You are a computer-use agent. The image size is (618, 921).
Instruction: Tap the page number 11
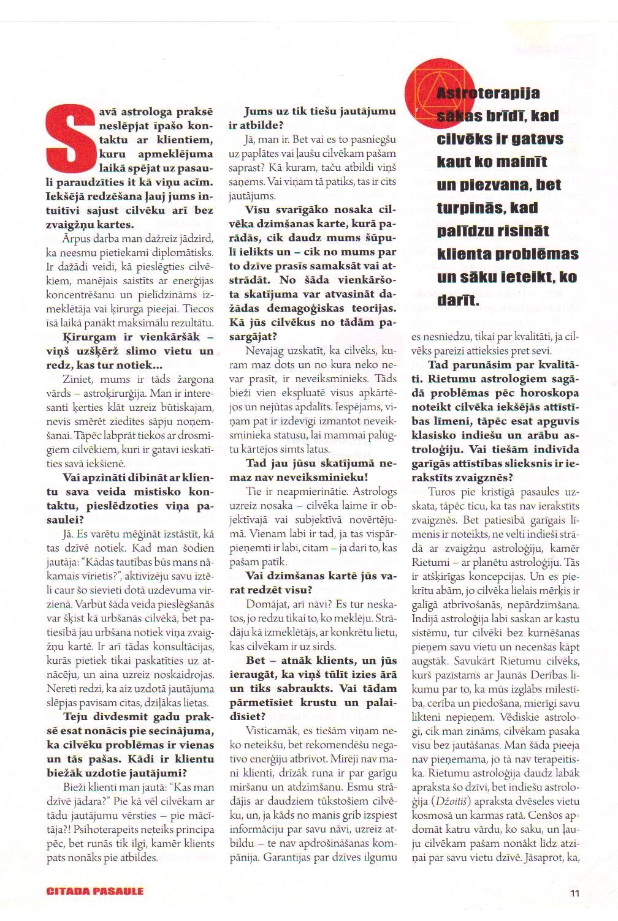coord(574,892)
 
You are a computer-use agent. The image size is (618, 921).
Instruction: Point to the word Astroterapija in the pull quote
coord(489,93)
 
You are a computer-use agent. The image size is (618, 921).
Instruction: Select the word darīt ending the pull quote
coord(458,301)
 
